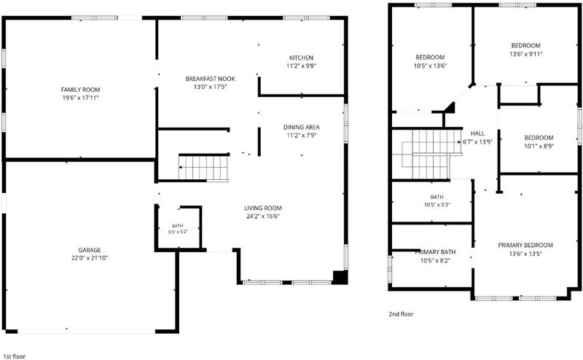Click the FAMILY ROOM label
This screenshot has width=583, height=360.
click(x=81, y=90)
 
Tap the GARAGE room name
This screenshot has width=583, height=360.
click(x=90, y=250)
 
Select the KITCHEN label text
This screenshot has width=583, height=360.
click(x=301, y=58)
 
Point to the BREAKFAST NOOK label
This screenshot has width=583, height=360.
click(x=211, y=79)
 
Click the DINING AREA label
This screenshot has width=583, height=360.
click(x=302, y=128)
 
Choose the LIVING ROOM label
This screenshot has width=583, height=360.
click(x=263, y=208)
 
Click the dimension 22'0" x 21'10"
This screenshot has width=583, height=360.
click(x=90, y=258)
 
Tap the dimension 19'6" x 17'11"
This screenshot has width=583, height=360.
click(x=81, y=98)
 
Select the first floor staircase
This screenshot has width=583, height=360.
click(x=203, y=168)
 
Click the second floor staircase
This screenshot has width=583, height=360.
click(x=431, y=154)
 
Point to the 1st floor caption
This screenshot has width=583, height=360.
click(x=14, y=356)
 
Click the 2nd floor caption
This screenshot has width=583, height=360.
click(x=401, y=314)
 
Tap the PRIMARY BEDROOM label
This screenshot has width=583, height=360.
click(x=525, y=245)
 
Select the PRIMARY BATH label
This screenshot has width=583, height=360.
click(x=435, y=252)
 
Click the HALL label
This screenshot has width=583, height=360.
click(x=477, y=133)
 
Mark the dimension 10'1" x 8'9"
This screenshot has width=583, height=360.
click(x=539, y=146)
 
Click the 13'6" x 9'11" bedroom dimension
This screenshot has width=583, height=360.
click(x=525, y=54)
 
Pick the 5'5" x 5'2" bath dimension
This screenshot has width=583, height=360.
click(x=178, y=232)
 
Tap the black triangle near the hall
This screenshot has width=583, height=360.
click(x=451, y=107)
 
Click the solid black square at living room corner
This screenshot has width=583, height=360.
click(x=340, y=278)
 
